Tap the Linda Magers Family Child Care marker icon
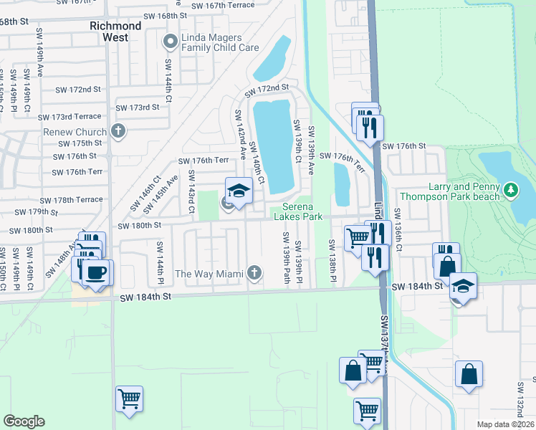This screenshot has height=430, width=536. [x=171, y=42]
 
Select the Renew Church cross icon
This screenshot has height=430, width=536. [x=118, y=131]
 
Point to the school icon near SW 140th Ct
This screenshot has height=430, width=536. [x=239, y=191]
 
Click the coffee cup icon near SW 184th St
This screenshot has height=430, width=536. [x=97, y=273]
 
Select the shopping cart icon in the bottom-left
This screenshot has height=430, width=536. [x=129, y=398]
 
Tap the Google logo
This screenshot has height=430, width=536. [x=24, y=421]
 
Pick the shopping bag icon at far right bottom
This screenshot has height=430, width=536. [x=468, y=373]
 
